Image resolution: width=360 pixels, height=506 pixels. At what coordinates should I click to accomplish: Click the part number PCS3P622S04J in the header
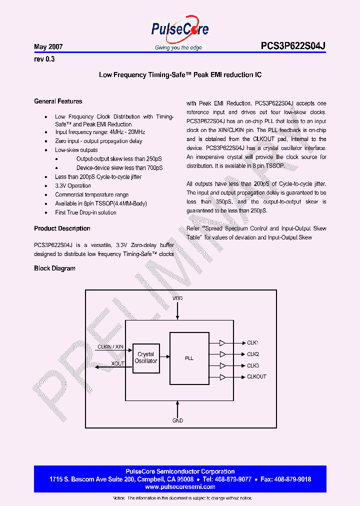click(x=293, y=46)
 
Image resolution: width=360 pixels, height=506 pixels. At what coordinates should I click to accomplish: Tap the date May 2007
click(x=48, y=47)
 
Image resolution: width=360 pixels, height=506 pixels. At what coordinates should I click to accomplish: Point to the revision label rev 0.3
click(x=44, y=59)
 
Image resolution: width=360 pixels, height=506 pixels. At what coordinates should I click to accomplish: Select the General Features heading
click(x=58, y=101)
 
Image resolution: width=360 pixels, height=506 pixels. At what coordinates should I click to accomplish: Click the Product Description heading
click(x=62, y=228)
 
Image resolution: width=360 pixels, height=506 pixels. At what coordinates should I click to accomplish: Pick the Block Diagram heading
click(x=54, y=268)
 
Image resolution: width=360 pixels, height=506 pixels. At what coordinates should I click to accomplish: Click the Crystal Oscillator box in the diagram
click(x=146, y=357)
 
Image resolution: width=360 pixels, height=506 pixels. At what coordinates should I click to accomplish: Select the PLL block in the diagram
click(x=189, y=358)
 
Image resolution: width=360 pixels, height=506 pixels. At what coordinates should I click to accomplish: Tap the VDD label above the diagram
click(x=178, y=298)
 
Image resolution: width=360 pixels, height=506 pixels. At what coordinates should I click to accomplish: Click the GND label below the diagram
click(x=178, y=420)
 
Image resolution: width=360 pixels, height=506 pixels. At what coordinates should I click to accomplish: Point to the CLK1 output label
click(x=252, y=343)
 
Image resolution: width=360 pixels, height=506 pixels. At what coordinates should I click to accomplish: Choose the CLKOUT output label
click(x=256, y=376)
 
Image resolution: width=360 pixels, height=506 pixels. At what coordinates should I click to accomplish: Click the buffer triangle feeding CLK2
click(x=222, y=354)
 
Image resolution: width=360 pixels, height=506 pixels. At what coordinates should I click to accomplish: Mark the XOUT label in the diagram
click(x=118, y=363)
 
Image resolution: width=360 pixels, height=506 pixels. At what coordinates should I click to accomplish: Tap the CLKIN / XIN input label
click(x=110, y=346)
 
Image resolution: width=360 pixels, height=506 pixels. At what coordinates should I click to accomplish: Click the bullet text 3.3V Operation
click(x=73, y=185)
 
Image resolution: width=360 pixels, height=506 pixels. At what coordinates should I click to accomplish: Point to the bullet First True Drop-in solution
click(x=85, y=212)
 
